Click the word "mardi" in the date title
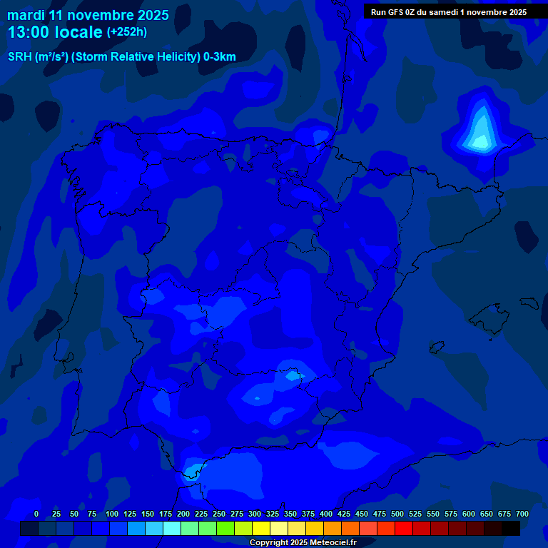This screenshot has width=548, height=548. pyautogui.click(x=26, y=15)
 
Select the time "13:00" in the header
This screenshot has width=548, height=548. pyautogui.click(x=29, y=32)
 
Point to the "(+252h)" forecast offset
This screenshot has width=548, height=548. pyautogui.click(x=127, y=32)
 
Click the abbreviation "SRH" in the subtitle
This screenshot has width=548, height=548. pyautogui.click(x=19, y=57)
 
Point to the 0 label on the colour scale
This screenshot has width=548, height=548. pyautogui.click(x=36, y=514)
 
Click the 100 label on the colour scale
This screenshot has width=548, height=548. pyautogui.click(x=112, y=514)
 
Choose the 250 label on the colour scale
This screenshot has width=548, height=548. pyautogui.click(x=219, y=514)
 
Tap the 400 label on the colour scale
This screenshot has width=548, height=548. pyautogui.click(x=326, y=514)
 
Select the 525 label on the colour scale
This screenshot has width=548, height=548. pyautogui.click(x=415, y=514)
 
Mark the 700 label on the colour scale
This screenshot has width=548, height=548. pyautogui.click(x=522, y=514)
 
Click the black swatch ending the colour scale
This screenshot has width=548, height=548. pyautogui.click(x=511, y=528)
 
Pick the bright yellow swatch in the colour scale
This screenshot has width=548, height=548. pyautogui.click(x=261, y=528)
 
